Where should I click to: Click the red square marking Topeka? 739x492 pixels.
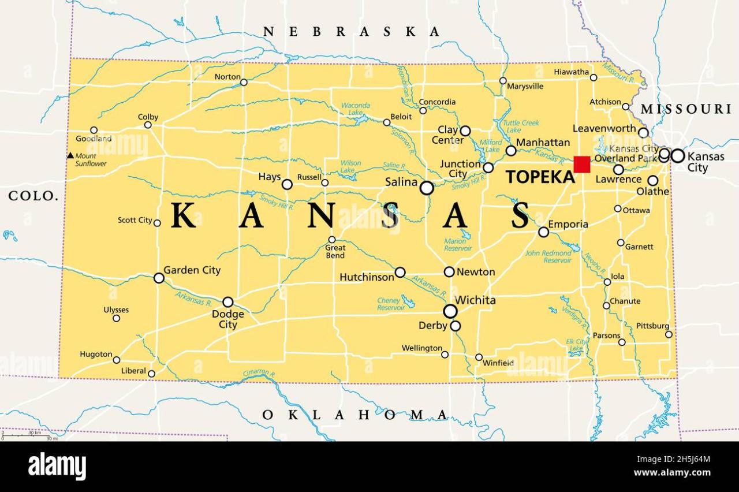(582, 164)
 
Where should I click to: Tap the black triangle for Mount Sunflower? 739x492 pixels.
(70, 155)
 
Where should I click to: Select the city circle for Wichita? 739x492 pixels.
(450, 311)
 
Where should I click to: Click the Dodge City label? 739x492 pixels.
(228, 319)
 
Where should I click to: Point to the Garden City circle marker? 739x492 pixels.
(159, 278)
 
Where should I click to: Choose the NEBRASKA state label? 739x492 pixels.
(351, 32)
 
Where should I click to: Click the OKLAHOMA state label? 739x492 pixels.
(355, 415)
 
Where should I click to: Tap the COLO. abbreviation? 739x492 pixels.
(33, 196)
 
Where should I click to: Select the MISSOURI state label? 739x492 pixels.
(686, 109)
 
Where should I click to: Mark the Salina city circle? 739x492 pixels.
(427, 188)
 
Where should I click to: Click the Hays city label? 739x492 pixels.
(270, 177)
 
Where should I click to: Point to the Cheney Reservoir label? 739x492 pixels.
(390, 304)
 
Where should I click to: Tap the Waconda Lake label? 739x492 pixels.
(355, 109)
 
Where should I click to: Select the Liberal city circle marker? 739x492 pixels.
(151, 374)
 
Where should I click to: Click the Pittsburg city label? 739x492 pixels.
(652, 326)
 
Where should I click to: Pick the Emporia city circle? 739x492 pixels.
(543, 232)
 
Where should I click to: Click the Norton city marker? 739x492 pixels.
(244, 83)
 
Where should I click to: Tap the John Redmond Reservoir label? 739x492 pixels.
(548, 257)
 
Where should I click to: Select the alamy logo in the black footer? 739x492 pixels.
(57, 466)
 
